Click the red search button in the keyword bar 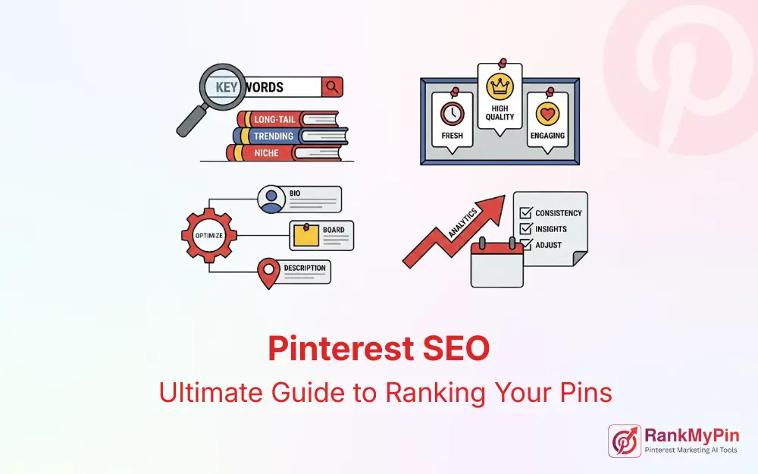coord(332,87)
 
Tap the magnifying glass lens coord(226,88)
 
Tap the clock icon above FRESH coord(453,114)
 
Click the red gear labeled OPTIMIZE coord(208,234)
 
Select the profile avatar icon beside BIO coord(270,199)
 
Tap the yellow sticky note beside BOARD coord(306,236)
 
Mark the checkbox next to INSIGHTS coord(524,229)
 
